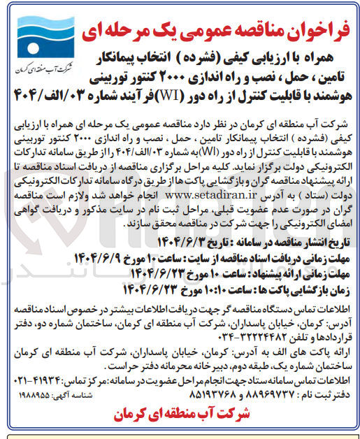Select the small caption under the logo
click(x=37, y=73)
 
